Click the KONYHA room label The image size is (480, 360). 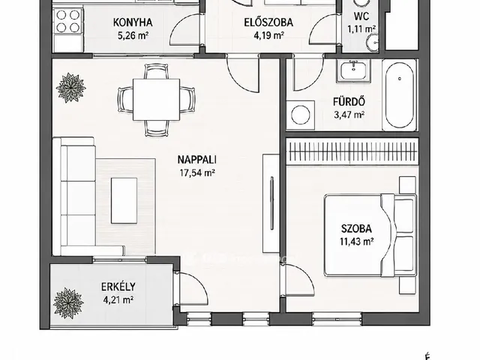tap(133, 22)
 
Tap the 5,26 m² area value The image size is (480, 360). tap(133, 36)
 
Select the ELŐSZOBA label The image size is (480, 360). tap(268, 22)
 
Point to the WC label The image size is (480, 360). tap(361, 16)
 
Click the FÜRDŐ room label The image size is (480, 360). tap(349, 102)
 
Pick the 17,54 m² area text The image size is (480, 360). tap(197, 173)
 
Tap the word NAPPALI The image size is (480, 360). tap(197, 160)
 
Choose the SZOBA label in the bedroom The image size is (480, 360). tap(357, 229)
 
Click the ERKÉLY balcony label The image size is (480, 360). tap(118, 286)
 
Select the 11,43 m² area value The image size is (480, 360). tap(357, 241)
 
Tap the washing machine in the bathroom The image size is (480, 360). tap(301, 115)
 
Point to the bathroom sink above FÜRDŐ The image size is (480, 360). tap(353, 70)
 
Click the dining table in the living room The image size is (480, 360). tap(156, 100)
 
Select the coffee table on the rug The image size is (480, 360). tap(124, 200)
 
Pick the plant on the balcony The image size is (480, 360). tap(68, 303)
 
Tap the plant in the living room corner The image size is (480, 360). tap(70, 88)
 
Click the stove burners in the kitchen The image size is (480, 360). tap(68, 21)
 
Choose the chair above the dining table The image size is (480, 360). tap(156, 71)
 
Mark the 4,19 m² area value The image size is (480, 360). tap(268, 36)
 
